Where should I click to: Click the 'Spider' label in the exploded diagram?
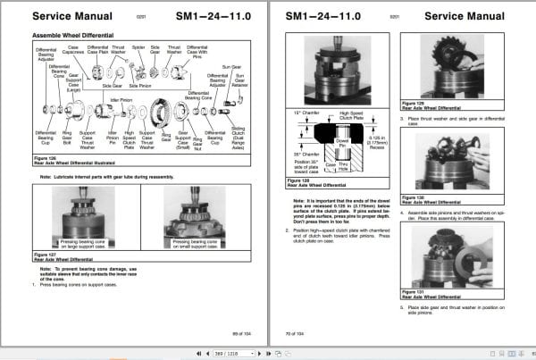[x=138, y=46]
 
